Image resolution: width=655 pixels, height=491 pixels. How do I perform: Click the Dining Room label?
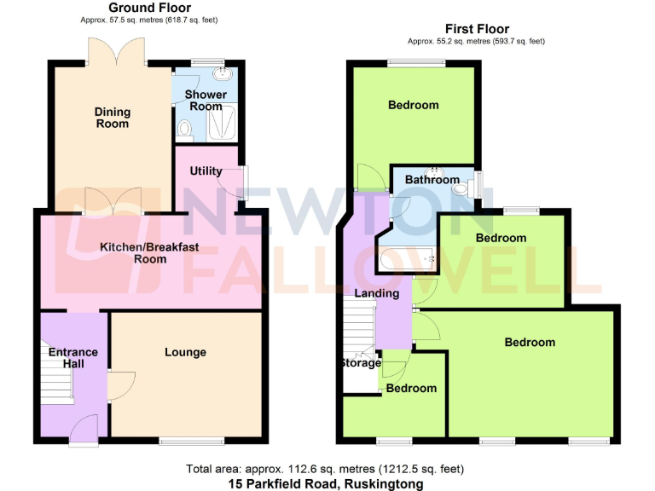pos(113,118)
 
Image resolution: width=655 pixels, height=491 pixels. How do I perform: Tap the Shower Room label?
pos(206,100)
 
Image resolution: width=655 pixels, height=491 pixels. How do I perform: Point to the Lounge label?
pos(185,352)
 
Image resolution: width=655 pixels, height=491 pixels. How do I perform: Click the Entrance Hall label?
pos(72,358)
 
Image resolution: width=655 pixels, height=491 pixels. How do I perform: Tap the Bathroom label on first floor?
pos(432,180)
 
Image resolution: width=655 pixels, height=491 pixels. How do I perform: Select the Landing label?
pos(377,293)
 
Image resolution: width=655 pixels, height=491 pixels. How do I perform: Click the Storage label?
pos(360,363)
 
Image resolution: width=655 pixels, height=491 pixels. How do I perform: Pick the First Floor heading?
pos(477,29)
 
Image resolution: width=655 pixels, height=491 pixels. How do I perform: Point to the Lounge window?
pos(191,442)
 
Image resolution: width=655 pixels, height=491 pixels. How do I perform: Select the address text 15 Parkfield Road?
pos(325,483)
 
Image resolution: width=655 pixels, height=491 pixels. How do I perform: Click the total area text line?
pos(325,469)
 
